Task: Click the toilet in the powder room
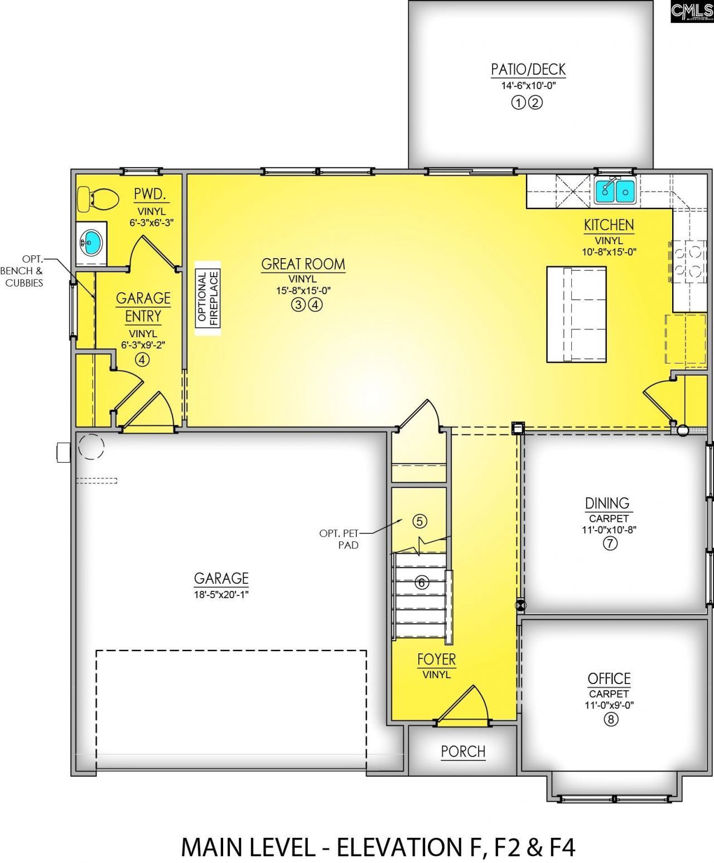pyautogui.click(x=97, y=199)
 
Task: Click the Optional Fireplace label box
pyautogui.click(x=208, y=298)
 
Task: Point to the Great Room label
pyautogui.click(x=303, y=264)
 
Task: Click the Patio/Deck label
pyautogui.click(x=528, y=70)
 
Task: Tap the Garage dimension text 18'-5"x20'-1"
pyautogui.click(x=221, y=594)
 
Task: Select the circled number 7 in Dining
pyautogui.click(x=610, y=544)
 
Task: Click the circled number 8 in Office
pyautogui.click(x=610, y=719)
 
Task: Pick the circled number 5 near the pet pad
pyautogui.click(x=419, y=521)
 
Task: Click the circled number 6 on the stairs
pyautogui.click(x=422, y=583)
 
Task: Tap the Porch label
pyautogui.click(x=463, y=752)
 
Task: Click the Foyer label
pyautogui.click(x=436, y=660)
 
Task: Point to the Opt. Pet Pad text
pyautogui.click(x=339, y=539)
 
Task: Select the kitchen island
pyautogui.click(x=576, y=314)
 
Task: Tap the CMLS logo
pyautogui.click(x=692, y=11)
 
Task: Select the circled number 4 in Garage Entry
pyautogui.click(x=142, y=360)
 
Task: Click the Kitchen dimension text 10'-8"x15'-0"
pyautogui.click(x=609, y=251)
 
